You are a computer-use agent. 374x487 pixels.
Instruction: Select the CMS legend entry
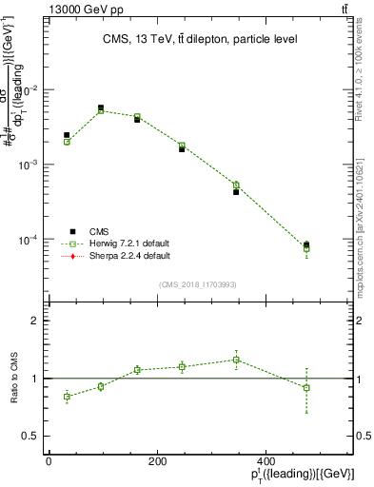99,231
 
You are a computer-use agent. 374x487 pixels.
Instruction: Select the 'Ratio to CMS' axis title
14,379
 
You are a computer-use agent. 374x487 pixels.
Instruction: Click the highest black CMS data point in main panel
101,107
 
